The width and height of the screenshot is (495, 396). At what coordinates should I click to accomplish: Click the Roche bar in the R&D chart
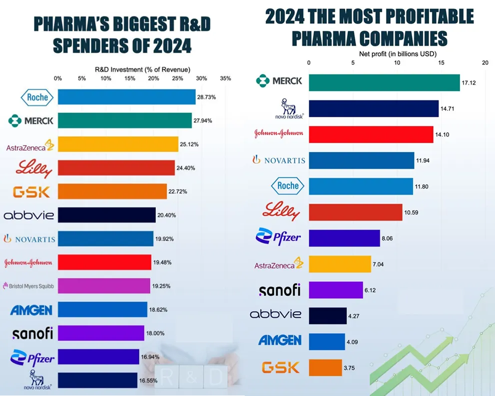coord(126,97)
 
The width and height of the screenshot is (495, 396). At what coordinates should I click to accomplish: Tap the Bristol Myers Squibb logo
coord(28,286)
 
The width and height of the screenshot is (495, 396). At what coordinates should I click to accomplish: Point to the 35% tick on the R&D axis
coord(225,78)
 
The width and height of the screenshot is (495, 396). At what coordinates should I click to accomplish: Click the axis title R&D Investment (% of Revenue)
coord(142,69)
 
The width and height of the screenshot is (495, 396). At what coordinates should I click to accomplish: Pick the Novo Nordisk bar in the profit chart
coord(373,109)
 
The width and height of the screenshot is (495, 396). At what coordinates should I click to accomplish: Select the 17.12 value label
coord(469,83)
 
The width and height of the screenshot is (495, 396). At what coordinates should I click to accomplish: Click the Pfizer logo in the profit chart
coord(278,236)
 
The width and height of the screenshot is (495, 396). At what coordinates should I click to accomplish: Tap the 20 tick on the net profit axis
coord(485,63)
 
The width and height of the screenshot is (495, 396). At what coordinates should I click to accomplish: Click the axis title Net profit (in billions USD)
coord(397,53)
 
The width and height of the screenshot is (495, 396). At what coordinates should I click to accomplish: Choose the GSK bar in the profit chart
coord(325,368)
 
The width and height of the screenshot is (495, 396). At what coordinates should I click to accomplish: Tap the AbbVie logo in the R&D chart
coord(28,215)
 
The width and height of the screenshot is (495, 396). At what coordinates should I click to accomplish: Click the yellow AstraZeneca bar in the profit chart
coord(340,264)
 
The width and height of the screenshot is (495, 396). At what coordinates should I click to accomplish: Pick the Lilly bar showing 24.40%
coord(116,168)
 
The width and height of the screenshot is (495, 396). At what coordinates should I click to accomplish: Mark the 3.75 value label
coord(352,368)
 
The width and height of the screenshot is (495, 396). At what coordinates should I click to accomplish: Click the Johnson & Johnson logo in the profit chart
coord(279,134)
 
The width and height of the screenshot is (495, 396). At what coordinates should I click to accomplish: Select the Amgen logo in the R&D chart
coord(31,310)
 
